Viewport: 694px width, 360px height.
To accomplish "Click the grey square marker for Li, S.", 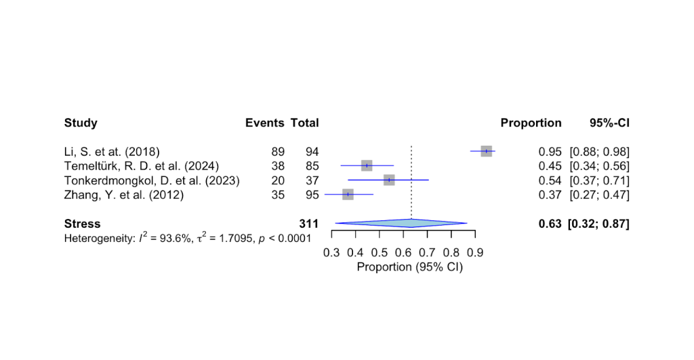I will pyautogui.click(x=486, y=151).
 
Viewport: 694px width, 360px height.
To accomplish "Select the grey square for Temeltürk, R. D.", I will pyautogui.click(x=367, y=165).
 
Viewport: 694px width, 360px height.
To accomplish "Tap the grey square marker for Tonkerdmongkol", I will pyautogui.click(x=388, y=180).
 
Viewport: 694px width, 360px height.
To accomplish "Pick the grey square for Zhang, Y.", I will pyautogui.click(x=348, y=195).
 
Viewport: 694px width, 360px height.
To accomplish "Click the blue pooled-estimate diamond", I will pyautogui.click(x=401, y=223).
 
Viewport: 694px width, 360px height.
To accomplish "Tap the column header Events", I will pyautogui.click(x=264, y=123).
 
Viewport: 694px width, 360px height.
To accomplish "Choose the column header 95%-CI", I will pyautogui.click(x=609, y=123).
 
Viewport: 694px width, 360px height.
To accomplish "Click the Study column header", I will pyautogui.click(x=81, y=123).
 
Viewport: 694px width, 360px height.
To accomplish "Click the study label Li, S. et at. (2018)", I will pyautogui.click(x=112, y=152).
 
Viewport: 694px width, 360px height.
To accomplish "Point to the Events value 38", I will pyautogui.click(x=277, y=166).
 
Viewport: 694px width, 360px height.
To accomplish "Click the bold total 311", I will pyautogui.click(x=308, y=224).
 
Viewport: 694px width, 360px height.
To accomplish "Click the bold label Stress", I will pyautogui.click(x=82, y=224).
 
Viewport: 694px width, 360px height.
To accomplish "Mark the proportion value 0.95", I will pyautogui.click(x=550, y=152).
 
